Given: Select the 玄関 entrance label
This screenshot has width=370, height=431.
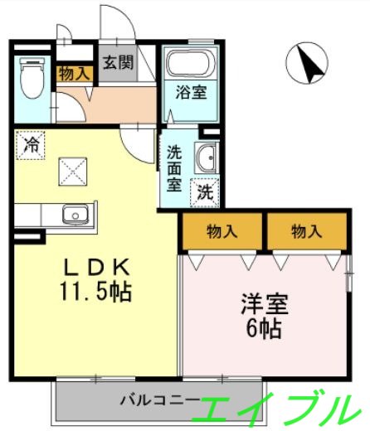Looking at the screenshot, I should (117, 62).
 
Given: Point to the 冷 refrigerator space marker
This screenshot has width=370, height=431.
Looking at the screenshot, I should (31, 144).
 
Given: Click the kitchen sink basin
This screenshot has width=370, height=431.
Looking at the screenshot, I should (74, 215).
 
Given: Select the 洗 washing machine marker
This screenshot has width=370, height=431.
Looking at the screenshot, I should (204, 191).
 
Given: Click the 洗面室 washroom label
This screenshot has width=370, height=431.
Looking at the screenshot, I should (174, 168).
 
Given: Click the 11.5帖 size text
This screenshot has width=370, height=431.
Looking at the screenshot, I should (96, 292).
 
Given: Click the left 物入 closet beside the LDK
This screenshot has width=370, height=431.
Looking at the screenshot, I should (222, 231).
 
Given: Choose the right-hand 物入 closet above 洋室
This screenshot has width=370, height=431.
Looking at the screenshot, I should (305, 231).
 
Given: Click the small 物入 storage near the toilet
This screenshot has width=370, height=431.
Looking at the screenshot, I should (75, 74).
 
